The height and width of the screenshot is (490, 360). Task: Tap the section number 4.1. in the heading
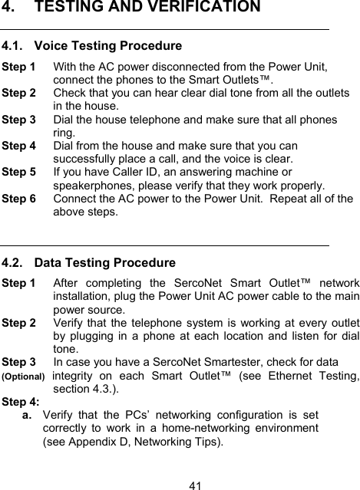[15, 46]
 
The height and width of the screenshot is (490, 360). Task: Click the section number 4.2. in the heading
[15, 264]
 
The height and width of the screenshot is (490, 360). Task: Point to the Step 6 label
[19, 199]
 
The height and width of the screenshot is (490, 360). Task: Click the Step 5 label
[19, 173]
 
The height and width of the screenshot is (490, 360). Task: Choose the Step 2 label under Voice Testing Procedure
[19, 93]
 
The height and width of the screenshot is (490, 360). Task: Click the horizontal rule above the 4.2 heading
[165, 246]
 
